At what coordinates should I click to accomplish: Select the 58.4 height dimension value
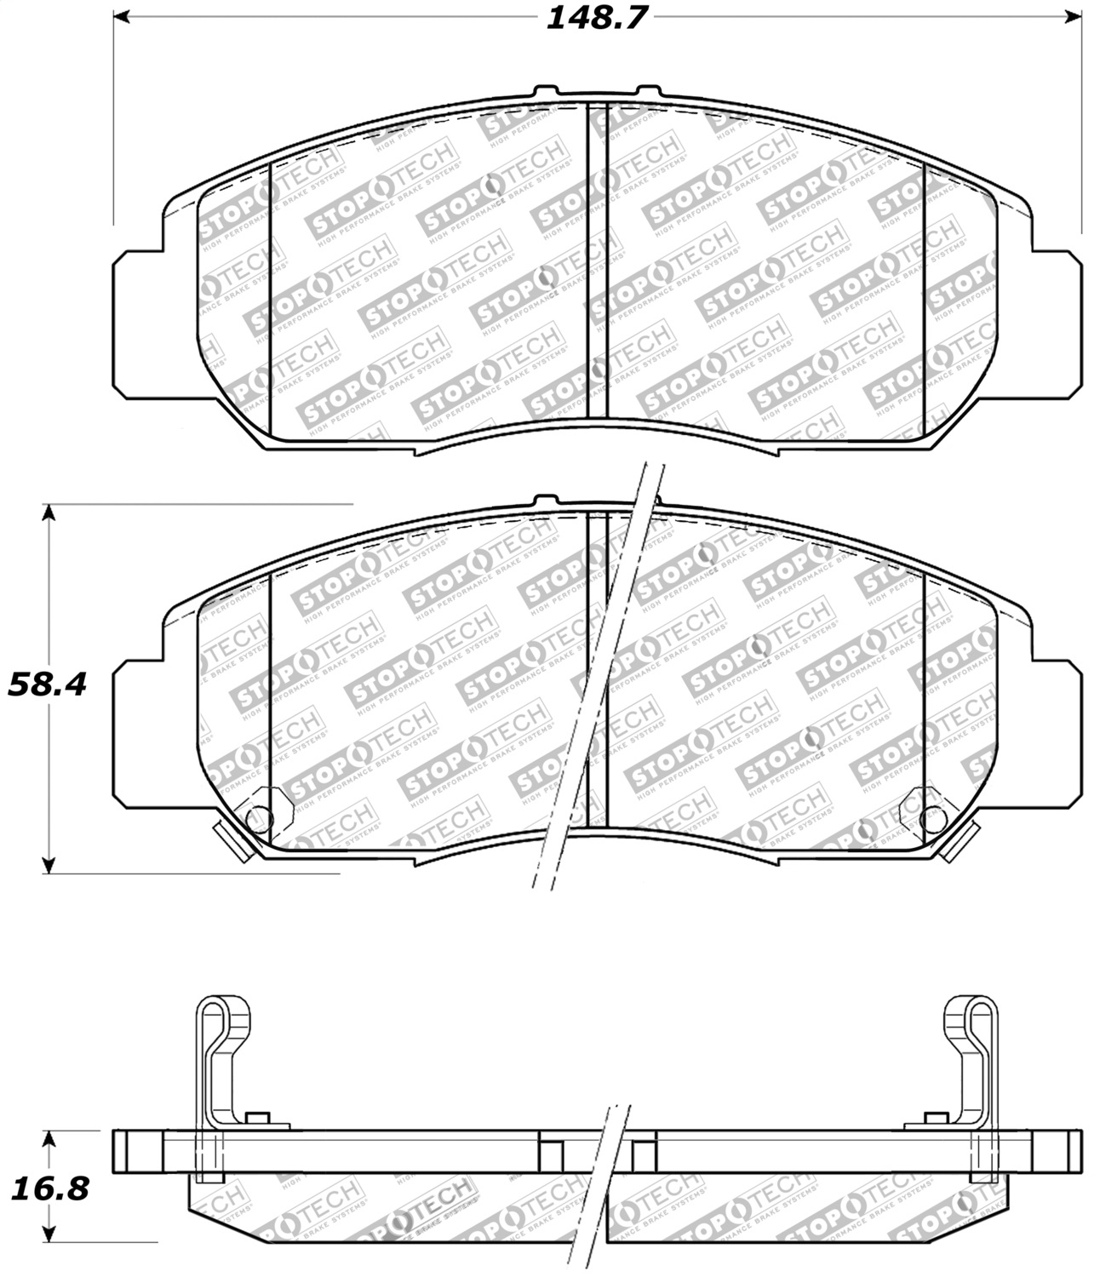[47, 684]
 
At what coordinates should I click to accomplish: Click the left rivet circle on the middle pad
[257, 818]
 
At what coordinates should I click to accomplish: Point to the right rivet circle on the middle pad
[933, 818]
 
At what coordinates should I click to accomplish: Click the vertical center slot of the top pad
[597, 260]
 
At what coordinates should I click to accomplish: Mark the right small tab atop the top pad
[648, 90]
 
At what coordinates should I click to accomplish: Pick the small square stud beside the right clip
[937, 1118]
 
